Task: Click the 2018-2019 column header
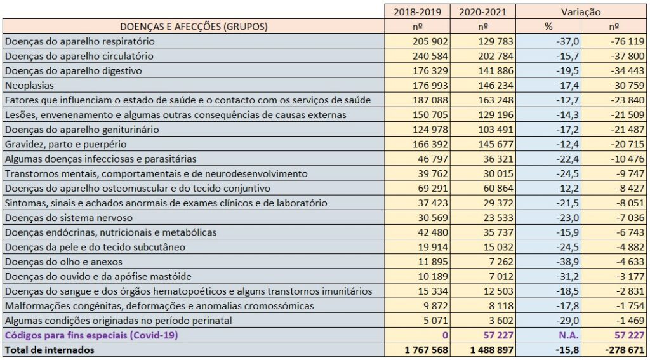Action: (418, 11)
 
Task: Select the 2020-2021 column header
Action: (482, 11)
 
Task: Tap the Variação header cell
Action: (581, 11)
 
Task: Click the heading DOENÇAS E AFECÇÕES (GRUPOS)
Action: (194, 27)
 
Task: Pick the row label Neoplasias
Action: (29, 85)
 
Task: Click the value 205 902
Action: (429, 41)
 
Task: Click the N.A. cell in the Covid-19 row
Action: (565, 335)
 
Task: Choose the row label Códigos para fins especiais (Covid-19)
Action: (90, 335)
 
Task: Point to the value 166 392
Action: (429, 144)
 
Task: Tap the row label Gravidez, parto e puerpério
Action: (66, 144)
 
